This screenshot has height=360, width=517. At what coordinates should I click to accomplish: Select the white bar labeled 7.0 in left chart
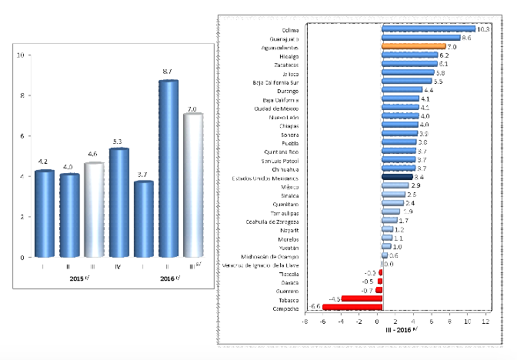click(192, 185)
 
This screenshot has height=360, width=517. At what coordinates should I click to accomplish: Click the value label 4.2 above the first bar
click(45, 162)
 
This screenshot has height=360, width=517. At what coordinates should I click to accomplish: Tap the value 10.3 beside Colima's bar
click(484, 29)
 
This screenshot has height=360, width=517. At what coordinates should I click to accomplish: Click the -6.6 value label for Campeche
click(314, 306)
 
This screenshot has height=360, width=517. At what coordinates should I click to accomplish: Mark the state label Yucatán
click(289, 246)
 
